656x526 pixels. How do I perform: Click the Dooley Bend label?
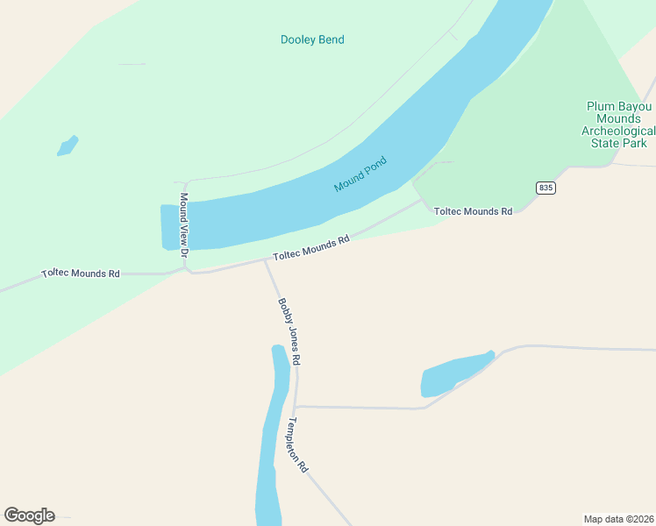[312, 39]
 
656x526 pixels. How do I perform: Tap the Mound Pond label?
[360, 174]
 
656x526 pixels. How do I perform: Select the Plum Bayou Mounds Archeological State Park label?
[619, 124]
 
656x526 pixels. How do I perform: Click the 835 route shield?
[545, 188]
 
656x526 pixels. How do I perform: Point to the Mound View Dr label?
[184, 224]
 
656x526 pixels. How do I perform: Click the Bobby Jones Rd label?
[289, 331]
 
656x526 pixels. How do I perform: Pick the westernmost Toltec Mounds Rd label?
[81, 274]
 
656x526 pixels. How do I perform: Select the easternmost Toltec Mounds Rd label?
[473, 211]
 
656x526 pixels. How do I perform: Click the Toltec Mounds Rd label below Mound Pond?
[311, 247]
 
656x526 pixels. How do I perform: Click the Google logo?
[29, 515]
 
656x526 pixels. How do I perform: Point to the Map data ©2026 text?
[617, 518]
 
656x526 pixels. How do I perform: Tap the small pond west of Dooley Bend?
[68, 146]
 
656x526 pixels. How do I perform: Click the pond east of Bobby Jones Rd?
[454, 374]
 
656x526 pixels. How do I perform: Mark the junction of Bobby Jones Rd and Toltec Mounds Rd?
[266, 260]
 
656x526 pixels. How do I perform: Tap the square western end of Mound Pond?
[170, 227]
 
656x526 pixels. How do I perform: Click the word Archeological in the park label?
[619, 131]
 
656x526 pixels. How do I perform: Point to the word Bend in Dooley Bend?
[332, 39]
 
